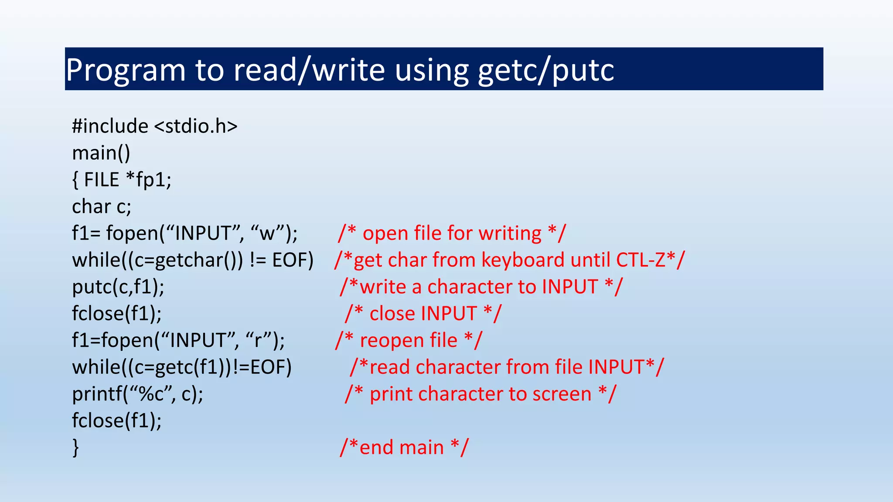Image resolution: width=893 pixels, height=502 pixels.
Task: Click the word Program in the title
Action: point(126,70)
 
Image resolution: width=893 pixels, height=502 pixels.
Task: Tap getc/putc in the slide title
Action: point(546,70)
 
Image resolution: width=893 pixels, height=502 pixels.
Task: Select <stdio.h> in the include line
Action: point(196,126)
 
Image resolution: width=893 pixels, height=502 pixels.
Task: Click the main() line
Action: point(101,153)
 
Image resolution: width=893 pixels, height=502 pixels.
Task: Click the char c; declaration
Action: point(101,207)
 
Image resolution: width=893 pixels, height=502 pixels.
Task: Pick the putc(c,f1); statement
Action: point(118,287)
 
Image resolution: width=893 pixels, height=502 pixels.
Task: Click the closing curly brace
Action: point(76,448)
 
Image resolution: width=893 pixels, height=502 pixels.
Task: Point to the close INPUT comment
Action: point(423,314)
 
